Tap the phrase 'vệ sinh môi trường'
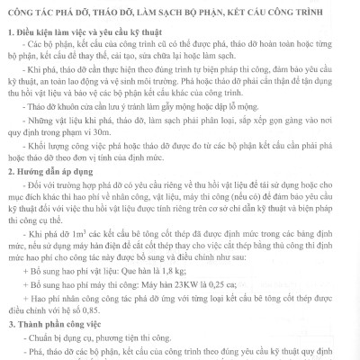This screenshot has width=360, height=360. (x=154, y=103)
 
